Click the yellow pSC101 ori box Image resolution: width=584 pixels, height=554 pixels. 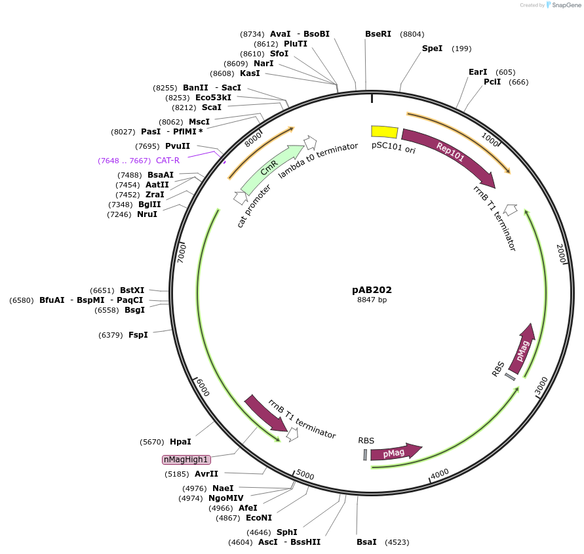(x=384, y=132)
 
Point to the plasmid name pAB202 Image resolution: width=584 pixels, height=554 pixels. (x=372, y=289)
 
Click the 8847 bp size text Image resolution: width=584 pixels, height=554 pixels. (x=372, y=300)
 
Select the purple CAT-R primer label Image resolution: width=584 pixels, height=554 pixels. (x=167, y=161)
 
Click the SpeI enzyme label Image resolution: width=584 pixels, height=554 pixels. (x=432, y=49)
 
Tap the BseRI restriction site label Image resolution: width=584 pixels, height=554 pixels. (x=378, y=34)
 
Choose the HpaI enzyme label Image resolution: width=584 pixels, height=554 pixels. (x=180, y=442)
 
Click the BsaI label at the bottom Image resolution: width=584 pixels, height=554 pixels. (x=366, y=542)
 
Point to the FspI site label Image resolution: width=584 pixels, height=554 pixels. (x=138, y=335)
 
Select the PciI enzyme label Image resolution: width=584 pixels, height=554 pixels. (x=492, y=82)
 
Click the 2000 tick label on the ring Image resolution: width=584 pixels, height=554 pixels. (x=560, y=253)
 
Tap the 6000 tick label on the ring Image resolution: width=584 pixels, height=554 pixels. (x=203, y=387)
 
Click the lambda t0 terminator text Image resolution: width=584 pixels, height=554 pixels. (x=318, y=161)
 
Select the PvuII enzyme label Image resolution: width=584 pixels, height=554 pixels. (x=178, y=146)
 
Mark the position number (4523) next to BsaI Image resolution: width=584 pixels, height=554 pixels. (x=397, y=542)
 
